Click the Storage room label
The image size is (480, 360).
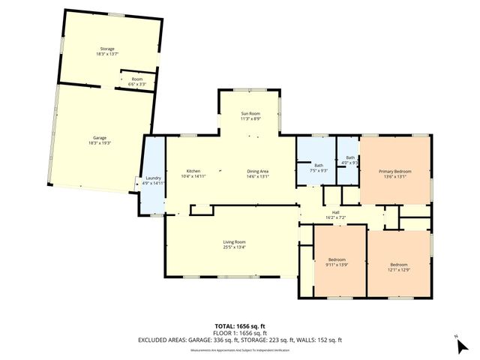tap(107, 49)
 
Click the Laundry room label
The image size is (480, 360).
tap(153, 178)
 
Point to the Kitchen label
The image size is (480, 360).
tap(193, 171)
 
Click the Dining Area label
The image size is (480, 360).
tap(258, 171)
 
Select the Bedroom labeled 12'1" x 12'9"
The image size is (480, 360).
tap(398, 264)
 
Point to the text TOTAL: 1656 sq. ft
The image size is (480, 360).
tap(239, 325)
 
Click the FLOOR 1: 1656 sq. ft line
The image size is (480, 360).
tap(239, 332)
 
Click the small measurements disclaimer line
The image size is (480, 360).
tap(239, 349)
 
